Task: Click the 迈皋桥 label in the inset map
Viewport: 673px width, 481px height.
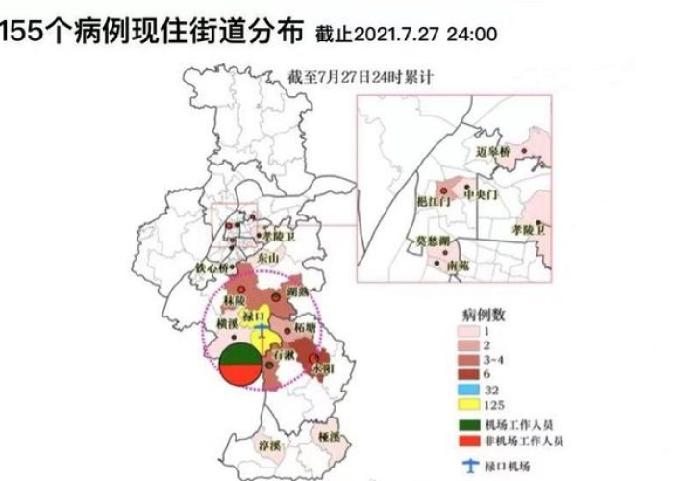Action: (x=497, y=153)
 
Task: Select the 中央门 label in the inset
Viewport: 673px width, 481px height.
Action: (x=481, y=193)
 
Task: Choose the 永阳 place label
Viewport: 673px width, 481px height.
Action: (x=321, y=367)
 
